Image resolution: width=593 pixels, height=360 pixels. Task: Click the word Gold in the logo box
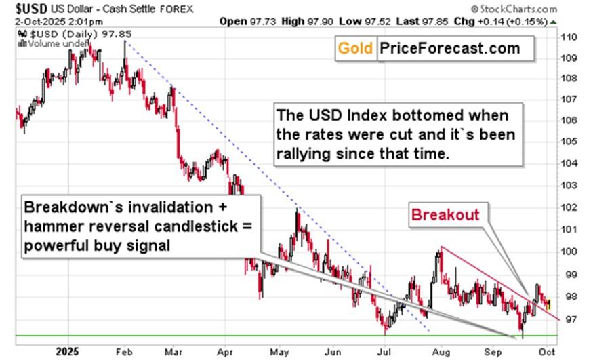tap(356, 49)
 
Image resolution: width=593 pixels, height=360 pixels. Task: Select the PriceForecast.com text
tap(450, 49)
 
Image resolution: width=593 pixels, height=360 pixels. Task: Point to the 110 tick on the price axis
tap(570, 37)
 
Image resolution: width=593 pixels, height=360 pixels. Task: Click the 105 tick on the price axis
tap(570, 142)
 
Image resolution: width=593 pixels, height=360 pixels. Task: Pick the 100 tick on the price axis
tap(570, 252)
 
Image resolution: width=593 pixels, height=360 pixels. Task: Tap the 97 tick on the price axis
tap(570, 318)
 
